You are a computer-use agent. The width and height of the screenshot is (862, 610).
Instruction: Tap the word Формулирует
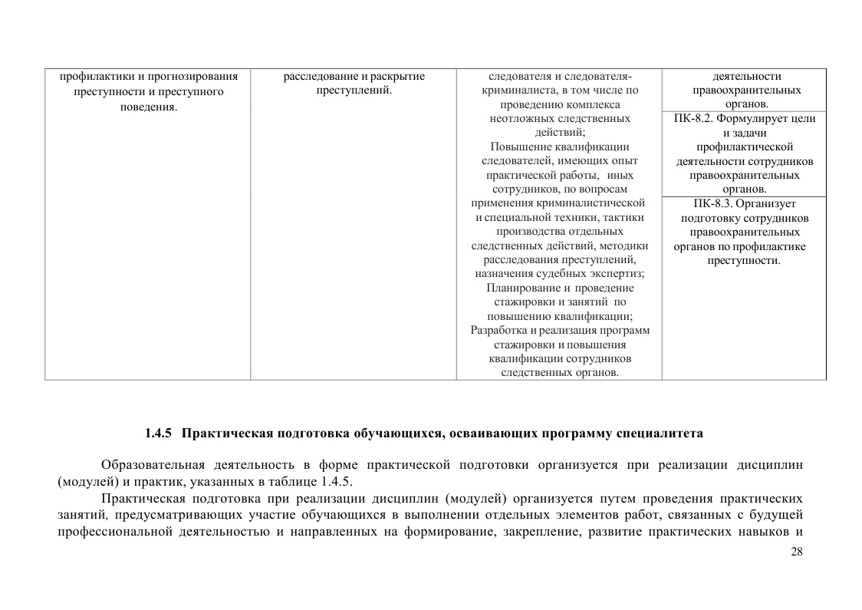[x=754, y=119]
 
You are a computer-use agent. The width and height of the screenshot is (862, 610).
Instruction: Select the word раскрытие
[x=397, y=77]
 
